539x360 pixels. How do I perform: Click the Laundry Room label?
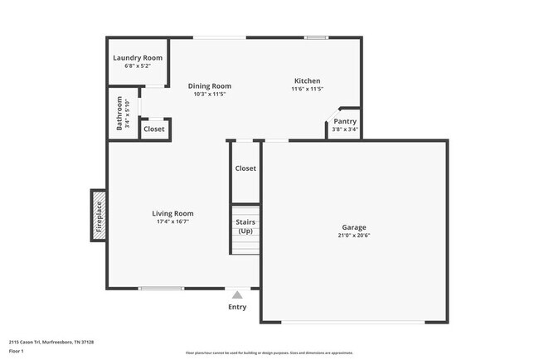[x=138, y=58]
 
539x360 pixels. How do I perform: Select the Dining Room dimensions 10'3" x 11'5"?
[x=209, y=94]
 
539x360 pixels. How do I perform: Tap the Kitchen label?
[x=307, y=80]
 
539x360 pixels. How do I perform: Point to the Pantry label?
[x=345, y=121]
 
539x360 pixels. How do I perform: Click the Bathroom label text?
[x=120, y=114]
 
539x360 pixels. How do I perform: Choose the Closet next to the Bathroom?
[x=154, y=129]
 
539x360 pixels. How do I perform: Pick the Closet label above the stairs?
[x=245, y=168]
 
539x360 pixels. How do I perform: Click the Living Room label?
[x=172, y=213]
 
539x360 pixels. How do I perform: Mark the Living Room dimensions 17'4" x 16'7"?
[x=172, y=221]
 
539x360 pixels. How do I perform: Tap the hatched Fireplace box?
[x=98, y=215]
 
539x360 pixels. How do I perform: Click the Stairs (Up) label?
[x=245, y=226]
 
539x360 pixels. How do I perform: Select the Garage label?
[x=354, y=227]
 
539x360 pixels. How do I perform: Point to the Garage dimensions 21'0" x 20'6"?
[x=354, y=236]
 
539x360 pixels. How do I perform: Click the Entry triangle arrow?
[x=237, y=294]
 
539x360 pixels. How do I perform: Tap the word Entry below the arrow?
[x=237, y=307]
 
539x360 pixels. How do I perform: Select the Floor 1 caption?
[x=17, y=351]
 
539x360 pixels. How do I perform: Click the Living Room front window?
[x=161, y=288]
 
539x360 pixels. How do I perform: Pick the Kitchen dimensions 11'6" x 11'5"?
[x=307, y=89]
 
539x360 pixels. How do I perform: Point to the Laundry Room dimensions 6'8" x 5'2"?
[x=138, y=66]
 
